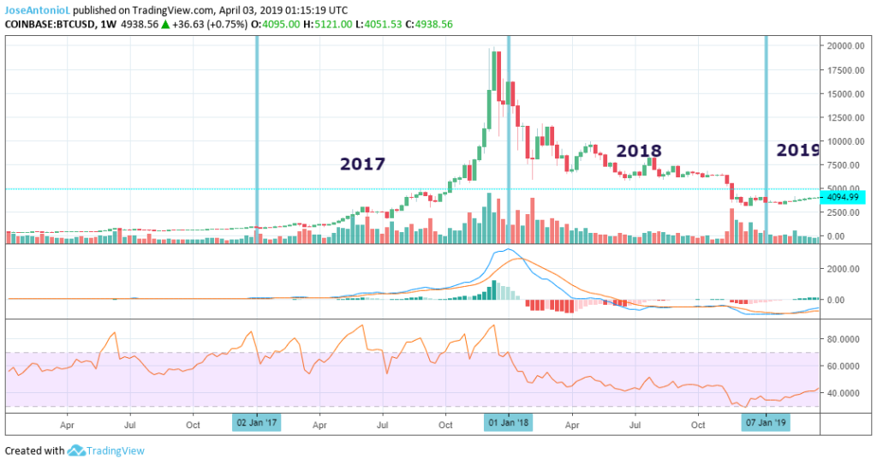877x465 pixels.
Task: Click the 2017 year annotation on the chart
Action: [x=362, y=164]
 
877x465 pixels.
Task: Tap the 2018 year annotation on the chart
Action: [x=639, y=151]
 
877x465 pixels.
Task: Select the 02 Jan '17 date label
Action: [x=256, y=422]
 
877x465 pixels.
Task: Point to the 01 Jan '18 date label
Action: [x=509, y=422]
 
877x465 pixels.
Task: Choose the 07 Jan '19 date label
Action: [x=765, y=422]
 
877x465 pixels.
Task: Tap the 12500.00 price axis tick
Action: [x=844, y=117]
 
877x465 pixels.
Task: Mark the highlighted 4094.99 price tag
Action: [x=844, y=197]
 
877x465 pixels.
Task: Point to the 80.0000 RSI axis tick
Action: [x=844, y=339]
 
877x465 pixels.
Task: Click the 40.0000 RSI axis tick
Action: [x=844, y=393]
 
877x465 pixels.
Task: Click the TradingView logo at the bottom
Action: [x=106, y=450]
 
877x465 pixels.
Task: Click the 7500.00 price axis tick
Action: [x=844, y=165]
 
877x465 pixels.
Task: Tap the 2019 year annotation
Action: [x=797, y=150]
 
